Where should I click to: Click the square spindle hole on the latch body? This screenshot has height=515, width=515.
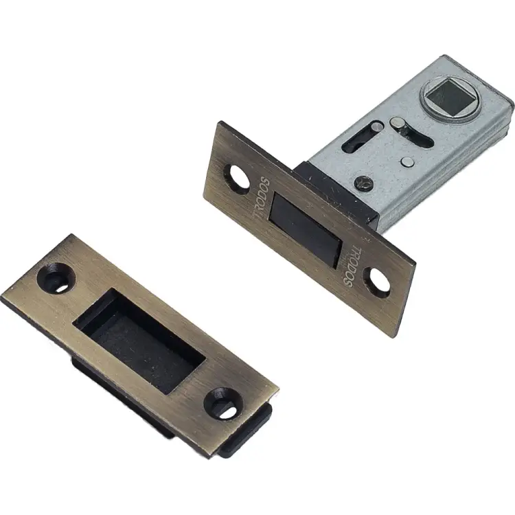click(x=449, y=98)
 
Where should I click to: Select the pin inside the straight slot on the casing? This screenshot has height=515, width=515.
click(x=377, y=126)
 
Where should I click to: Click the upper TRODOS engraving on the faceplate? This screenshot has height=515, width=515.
click(x=262, y=198)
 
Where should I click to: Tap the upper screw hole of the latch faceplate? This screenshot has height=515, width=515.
click(x=237, y=177)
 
